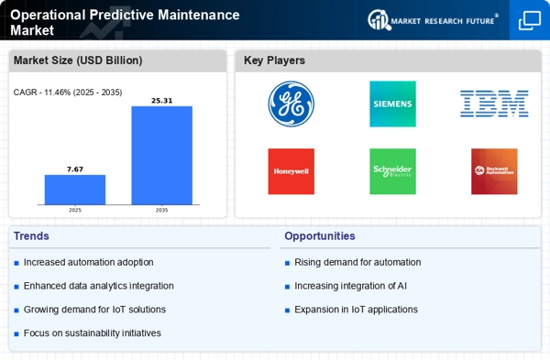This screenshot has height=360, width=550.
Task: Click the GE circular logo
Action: [x=291, y=104]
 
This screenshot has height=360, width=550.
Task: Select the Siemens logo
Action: [x=392, y=104]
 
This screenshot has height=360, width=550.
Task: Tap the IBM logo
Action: [x=494, y=104]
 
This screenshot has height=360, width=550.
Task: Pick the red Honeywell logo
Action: [x=291, y=171]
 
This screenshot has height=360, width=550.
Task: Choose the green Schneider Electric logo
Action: [x=392, y=171]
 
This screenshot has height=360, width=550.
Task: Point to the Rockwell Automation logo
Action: [x=494, y=171]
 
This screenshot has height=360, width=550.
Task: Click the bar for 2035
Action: [x=162, y=155]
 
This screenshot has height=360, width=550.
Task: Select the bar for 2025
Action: [x=75, y=190]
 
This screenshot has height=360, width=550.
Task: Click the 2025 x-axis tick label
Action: [x=75, y=210]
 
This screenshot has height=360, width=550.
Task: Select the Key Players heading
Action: [x=275, y=61]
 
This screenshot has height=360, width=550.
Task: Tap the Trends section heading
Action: [x=33, y=235]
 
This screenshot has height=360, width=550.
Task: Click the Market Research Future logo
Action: [x=435, y=19]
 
